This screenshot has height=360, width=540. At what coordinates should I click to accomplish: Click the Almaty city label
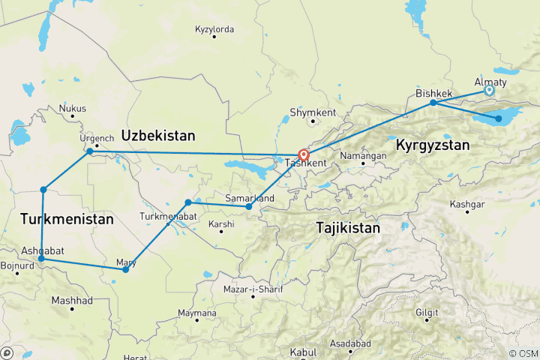pyautogui.click(x=491, y=82)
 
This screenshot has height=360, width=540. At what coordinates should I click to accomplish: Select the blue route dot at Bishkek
pyautogui.click(x=433, y=103)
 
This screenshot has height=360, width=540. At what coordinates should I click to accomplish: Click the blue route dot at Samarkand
pyautogui.click(x=249, y=207)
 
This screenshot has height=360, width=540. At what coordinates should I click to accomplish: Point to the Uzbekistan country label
pyautogui.click(x=158, y=136)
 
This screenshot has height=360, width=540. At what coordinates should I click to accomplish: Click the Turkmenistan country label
pyautogui.click(x=67, y=219)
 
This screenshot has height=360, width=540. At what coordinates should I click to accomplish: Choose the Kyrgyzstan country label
pyautogui.click(x=433, y=144)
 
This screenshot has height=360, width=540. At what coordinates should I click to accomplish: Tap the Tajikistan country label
pyautogui.click(x=349, y=226)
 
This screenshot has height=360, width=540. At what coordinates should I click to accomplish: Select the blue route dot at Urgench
pyautogui.click(x=90, y=151)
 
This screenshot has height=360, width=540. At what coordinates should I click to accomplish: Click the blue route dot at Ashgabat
pyautogui.click(x=41, y=259)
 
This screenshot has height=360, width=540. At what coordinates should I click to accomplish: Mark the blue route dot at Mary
pyautogui.click(x=125, y=269)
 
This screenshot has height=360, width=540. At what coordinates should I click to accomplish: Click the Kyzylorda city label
pyautogui.click(x=214, y=29)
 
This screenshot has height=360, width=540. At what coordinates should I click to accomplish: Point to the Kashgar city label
pyautogui.click(x=466, y=204)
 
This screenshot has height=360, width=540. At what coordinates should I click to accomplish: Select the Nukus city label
pyautogui.click(x=73, y=108)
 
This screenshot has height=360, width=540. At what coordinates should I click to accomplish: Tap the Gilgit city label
pyautogui.click(x=426, y=311)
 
